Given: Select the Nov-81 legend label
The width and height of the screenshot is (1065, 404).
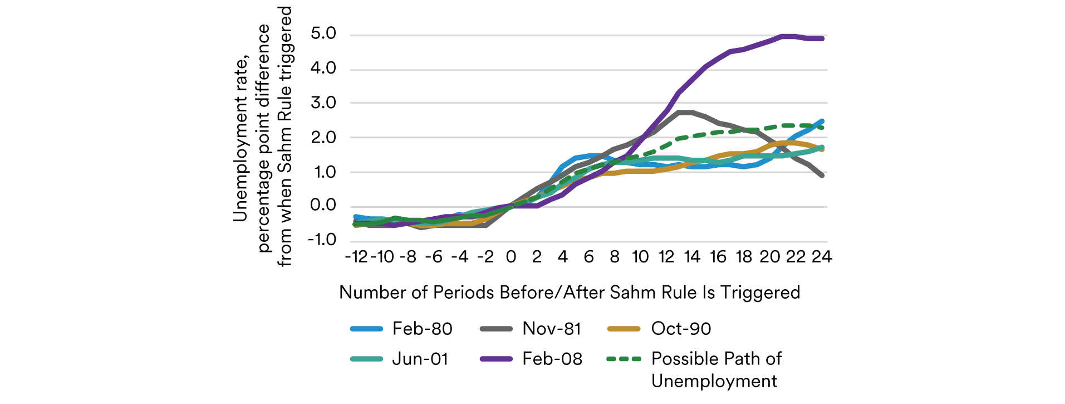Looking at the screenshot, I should point(551,329).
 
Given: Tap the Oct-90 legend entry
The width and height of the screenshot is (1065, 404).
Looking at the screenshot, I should point(681,329).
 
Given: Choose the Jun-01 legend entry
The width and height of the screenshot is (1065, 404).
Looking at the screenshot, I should point(420,359).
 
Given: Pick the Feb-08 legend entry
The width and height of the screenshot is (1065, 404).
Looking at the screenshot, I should point(552,359).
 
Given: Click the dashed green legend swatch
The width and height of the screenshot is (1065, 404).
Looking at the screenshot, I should point(624,359).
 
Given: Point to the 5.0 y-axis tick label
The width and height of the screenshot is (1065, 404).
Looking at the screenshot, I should point(323,34).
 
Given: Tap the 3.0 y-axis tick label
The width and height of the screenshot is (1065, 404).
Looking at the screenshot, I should point(323,103).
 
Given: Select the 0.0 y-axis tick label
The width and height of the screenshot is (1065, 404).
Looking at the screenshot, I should point(323,206).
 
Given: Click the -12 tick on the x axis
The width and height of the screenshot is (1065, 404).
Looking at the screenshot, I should point(356,257).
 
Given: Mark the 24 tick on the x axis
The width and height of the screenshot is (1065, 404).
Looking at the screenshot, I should point(822,257).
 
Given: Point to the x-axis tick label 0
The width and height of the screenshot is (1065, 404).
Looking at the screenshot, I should point(511,257).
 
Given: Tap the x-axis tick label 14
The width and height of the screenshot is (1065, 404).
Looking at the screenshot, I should point(692,257).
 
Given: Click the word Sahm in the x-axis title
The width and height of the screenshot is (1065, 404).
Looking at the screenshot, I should point(633,293).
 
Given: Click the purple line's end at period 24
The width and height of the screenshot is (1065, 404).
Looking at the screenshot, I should point(822,38).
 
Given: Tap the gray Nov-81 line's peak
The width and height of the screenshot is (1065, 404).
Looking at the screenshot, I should point(684,113).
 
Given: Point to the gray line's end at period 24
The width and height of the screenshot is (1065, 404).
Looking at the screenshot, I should point(822,175).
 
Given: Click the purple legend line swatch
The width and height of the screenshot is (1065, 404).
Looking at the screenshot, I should point(496,359).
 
